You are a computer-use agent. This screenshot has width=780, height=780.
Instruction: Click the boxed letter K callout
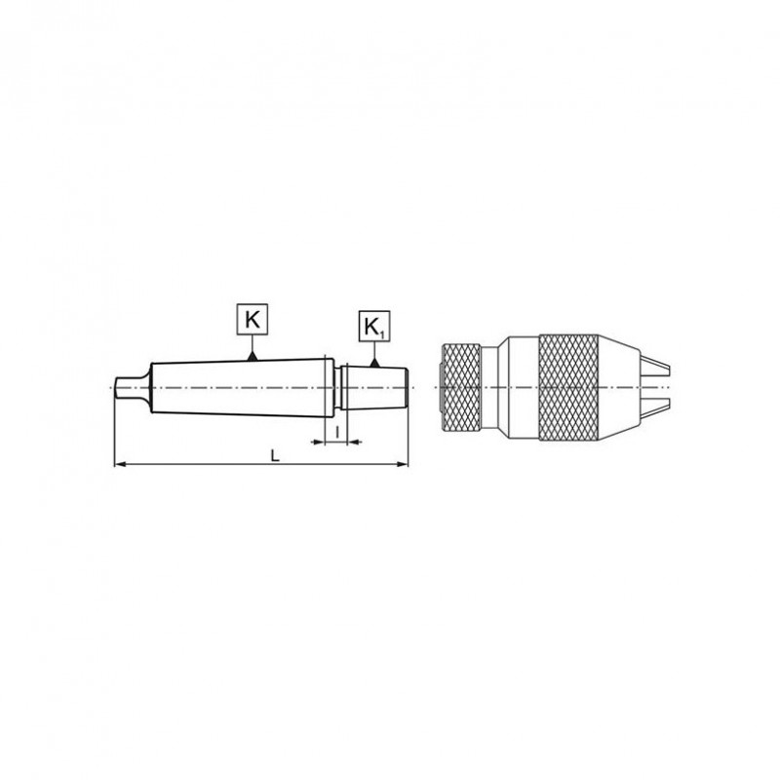[x=252, y=319]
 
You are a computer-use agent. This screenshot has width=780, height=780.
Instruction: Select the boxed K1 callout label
[x=375, y=328]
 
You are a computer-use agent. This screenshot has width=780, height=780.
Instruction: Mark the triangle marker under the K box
[x=252, y=356]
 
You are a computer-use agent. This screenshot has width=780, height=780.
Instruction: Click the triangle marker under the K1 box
[x=375, y=363]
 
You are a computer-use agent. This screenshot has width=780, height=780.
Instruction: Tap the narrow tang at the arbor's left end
[x=128, y=386]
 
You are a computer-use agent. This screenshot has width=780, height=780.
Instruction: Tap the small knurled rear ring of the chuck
[x=463, y=387]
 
